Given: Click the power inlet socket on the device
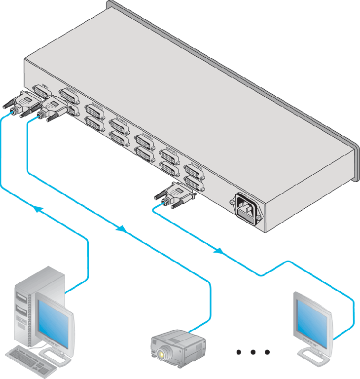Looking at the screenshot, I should pos(247,207).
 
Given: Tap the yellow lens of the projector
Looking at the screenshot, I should pos(162,354).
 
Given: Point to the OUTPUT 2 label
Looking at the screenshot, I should pos(96,106).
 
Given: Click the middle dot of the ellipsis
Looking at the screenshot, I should pos(253,352).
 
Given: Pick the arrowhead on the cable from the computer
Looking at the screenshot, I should pos(36,209).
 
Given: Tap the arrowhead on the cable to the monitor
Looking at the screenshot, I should pos(217,251).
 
